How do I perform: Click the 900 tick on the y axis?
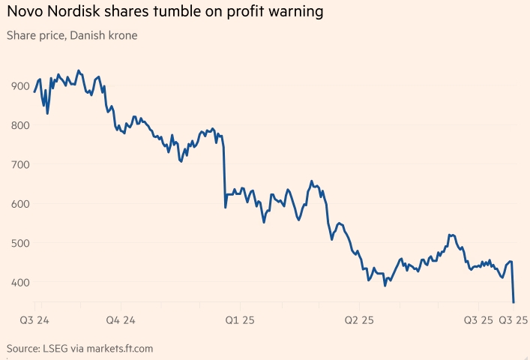click(x=18, y=85)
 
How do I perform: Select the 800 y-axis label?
click(x=18, y=125)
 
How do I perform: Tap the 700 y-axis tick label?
click(x=18, y=164)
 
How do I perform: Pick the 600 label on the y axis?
click(x=18, y=204)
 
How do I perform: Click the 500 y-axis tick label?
click(x=18, y=243)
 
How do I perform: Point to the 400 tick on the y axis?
click(x=18, y=283)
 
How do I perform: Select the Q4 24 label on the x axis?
click(x=120, y=320)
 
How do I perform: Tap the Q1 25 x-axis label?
click(x=240, y=320)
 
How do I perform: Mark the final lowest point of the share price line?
click(x=514, y=302)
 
